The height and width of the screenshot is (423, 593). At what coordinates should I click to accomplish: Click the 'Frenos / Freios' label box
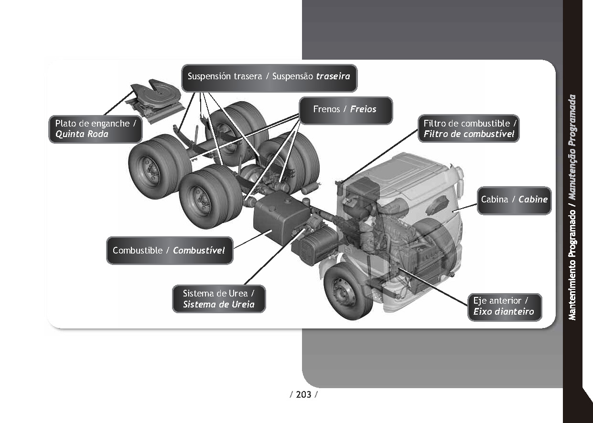click(x=345, y=110)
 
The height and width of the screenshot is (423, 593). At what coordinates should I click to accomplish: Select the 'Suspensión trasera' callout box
click(x=269, y=77)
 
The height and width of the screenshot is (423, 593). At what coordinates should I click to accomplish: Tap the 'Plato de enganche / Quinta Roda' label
click(x=96, y=129)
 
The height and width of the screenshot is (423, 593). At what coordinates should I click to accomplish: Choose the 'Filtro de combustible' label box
click(x=469, y=129)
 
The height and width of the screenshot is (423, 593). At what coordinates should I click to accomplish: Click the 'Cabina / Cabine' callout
click(x=514, y=200)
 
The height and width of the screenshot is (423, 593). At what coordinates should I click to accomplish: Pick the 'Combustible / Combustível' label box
click(x=169, y=251)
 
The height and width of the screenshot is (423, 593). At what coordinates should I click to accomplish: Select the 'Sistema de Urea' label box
click(x=218, y=299)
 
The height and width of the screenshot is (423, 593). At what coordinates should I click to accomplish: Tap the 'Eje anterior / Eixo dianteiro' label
click(x=504, y=307)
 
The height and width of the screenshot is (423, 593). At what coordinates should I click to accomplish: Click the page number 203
click(x=303, y=394)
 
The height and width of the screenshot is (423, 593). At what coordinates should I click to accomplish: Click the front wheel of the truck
click(x=347, y=291)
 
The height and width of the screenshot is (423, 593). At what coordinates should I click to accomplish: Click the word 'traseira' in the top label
click(x=333, y=76)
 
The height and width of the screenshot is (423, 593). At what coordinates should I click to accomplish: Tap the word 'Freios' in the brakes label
click(x=363, y=109)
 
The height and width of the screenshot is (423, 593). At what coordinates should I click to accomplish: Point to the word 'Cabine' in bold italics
click(x=533, y=200)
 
